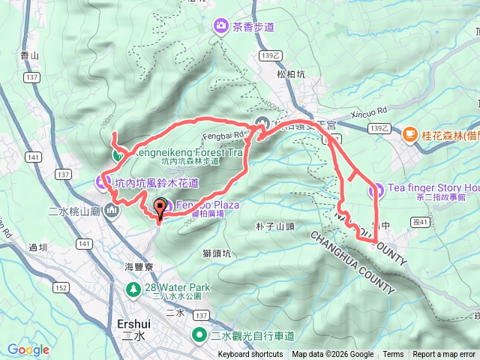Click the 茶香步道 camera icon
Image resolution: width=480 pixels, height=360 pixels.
tap(221, 27)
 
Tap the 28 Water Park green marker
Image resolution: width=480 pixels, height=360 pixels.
tap(133, 288)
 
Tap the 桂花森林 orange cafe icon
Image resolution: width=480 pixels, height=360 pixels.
tap(409, 134)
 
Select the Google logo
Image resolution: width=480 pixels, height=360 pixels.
tap(28, 349)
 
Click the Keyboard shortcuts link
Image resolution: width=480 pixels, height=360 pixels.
tap(250, 355)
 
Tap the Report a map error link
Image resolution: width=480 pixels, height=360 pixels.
tap(444, 355)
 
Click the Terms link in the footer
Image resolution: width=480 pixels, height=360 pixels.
tap(393, 355)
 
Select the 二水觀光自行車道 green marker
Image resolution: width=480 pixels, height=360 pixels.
tap(200, 336)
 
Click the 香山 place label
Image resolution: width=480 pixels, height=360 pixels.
tap(50, 55)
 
